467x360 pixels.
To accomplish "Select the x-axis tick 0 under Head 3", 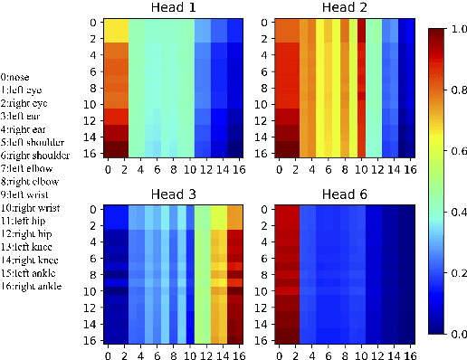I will [109, 354].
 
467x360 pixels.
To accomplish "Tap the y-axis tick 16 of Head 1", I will [93, 153].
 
